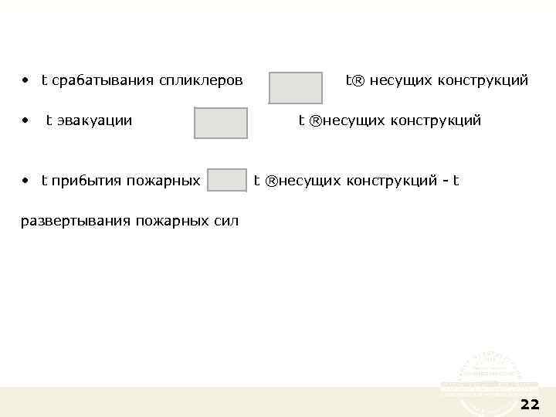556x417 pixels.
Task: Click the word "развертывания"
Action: (x=75, y=222)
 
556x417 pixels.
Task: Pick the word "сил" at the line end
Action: (x=227, y=222)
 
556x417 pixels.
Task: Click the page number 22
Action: (x=530, y=404)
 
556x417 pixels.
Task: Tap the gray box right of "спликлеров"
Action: (x=296, y=88)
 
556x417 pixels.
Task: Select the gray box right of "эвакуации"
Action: (x=221, y=124)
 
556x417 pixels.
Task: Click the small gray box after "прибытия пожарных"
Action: (x=227, y=180)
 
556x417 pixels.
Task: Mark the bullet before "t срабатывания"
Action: (x=25, y=80)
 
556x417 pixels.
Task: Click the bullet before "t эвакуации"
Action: (x=25, y=120)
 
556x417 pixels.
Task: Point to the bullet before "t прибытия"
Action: (x=25, y=181)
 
